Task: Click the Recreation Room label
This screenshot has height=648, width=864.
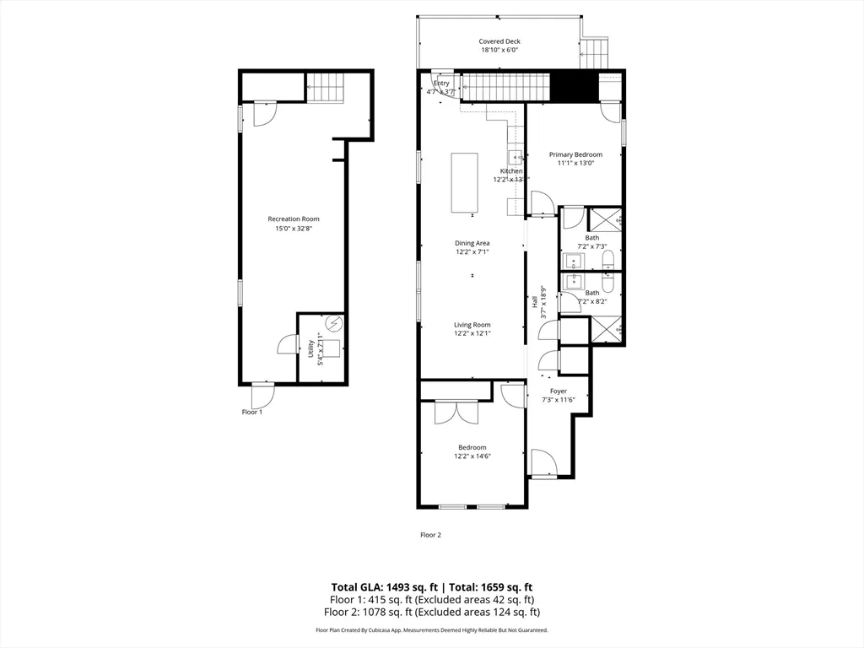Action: click(294, 219)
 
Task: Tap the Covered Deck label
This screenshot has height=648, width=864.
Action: click(499, 41)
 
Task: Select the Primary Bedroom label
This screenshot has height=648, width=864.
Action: click(575, 154)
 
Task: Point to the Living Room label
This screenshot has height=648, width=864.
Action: click(472, 325)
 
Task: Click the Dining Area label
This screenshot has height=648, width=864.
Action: click(472, 243)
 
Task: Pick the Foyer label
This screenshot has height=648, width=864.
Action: click(559, 391)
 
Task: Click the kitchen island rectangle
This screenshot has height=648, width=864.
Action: click(464, 182)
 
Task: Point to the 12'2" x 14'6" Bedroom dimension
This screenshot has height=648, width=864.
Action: click(472, 456)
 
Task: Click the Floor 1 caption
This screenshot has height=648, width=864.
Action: click(252, 412)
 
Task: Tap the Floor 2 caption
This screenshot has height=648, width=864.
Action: click(431, 535)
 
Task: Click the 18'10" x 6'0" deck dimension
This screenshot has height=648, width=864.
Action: click(500, 51)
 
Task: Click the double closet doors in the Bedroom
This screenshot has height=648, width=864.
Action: click(456, 412)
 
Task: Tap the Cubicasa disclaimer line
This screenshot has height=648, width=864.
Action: click(431, 630)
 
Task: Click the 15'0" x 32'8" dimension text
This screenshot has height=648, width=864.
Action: click(294, 228)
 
